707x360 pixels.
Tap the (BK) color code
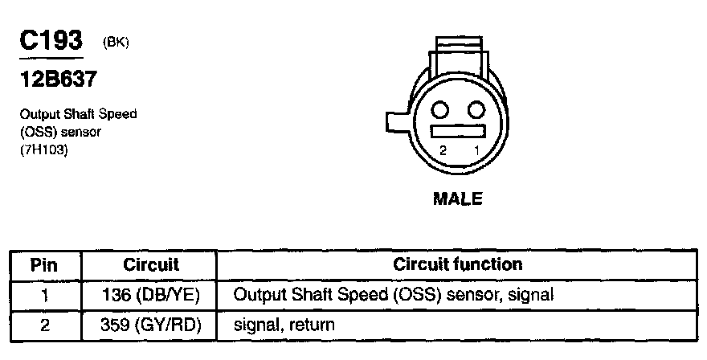[116, 43]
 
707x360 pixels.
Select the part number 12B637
[55, 80]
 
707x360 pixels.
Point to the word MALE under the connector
[458, 198]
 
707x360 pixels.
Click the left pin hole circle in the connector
[441, 109]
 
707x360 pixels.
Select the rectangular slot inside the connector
[458, 131]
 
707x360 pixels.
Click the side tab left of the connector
[398, 123]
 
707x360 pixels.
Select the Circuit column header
[151, 264]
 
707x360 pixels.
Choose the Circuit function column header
[458, 264]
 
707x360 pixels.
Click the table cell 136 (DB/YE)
[151, 295]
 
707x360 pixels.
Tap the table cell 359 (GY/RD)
[151, 325]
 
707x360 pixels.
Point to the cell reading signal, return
[284, 325]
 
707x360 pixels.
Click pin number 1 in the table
[45, 295]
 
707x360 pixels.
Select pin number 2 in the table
[45, 325]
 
